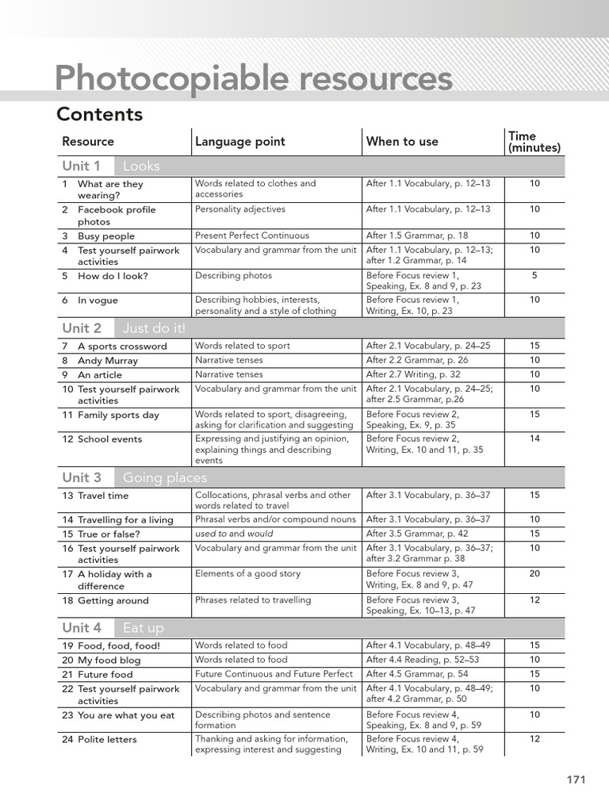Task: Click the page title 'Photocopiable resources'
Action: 254,79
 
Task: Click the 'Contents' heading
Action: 99,114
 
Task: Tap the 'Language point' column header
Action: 239,142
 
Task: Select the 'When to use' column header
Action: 402,142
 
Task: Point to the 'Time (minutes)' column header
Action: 534,142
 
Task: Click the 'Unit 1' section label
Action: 82,166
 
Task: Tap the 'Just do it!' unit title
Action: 155,328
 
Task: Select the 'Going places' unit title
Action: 165,477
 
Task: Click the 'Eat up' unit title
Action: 144,628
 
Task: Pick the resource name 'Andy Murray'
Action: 107,361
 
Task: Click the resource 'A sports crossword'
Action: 122,347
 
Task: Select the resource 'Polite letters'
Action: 107,740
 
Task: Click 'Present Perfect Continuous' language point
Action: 252,236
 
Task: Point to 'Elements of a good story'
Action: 247,573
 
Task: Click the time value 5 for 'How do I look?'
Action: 534,275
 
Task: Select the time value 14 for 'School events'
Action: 534,439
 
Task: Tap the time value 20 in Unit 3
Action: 534,573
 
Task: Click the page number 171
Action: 576,779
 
